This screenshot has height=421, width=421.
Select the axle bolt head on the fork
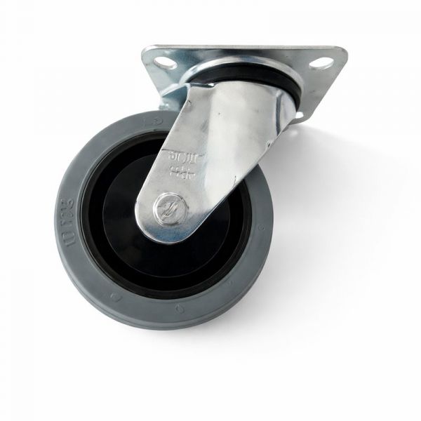(168, 208)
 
